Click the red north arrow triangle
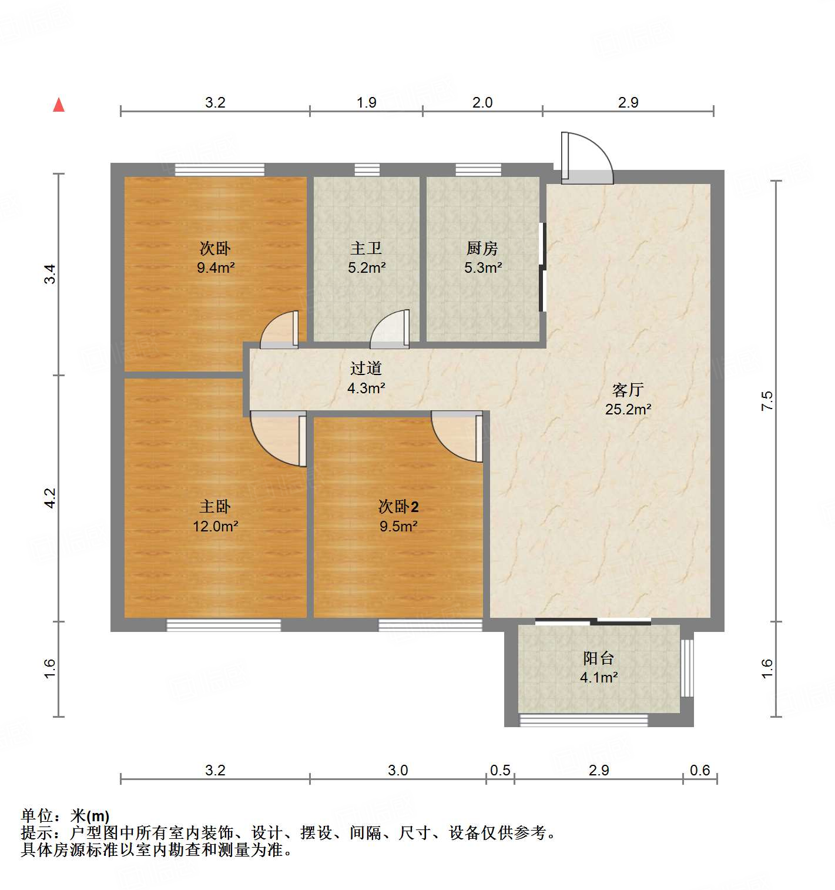pyautogui.click(x=59, y=105)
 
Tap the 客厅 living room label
pyautogui.click(x=628, y=390)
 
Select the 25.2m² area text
pyautogui.click(x=628, y=409)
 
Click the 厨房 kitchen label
pyautogui.click(x=482, y=249)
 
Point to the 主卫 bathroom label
pyautogui.click(x=366, y=249)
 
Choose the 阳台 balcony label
pyautogui.click(x=598, y=658)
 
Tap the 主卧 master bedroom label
pyautogui.click(x=215, y=506)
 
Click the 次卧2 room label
pyautogui.click(x=398, y=506)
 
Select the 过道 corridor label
pyautogui.click(x=366, y=369)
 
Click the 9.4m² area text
pyautogui.click(x=216, y=268)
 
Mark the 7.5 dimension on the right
pyautogui.click(x=767, y=400)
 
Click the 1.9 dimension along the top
pyautogui.click(x=366, y=103)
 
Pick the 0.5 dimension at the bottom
pyautogui.click(x=500, y=770)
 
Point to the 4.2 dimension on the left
pyautogui.click(x=50, y=498)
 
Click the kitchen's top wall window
pyautogui.click(x=478, y=170)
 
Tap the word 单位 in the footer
pyautogui.click(x=36, y=816)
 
